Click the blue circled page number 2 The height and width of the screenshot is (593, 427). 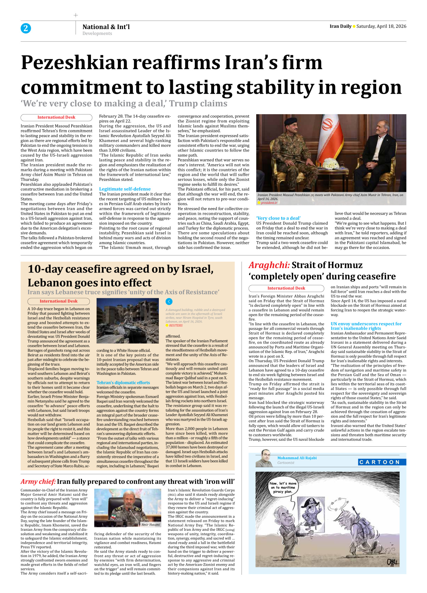click(x=26, y=28)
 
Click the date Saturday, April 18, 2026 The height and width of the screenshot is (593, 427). click(x=381, y=26)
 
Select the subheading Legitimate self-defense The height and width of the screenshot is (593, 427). click(x=125, y=189)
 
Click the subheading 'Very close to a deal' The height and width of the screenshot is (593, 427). click(x=278, y=218)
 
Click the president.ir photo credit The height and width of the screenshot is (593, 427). click(x=269, y=203)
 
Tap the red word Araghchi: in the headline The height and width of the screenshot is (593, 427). click(x=269, y=265)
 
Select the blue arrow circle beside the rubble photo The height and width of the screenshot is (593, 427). click(x=169, y=301)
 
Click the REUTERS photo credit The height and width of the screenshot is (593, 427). click(x=176, y=326)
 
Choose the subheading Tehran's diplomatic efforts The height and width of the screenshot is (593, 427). click(x=123, y=383)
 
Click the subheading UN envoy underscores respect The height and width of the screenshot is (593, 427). click(x=366, y=324)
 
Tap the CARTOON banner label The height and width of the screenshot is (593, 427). click(x=380, y=462)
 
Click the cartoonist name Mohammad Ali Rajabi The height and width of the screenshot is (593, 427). click(x=297, y=458)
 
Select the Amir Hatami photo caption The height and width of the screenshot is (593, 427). click(x=151, y=524)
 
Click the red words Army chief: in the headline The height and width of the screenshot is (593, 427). click(x=38, y=482)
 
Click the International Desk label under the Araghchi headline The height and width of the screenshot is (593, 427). click(x=286, y=288)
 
